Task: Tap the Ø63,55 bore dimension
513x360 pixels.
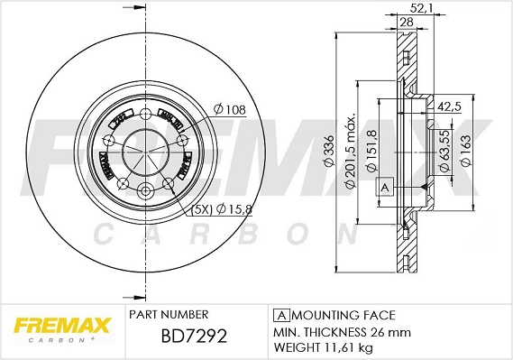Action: pos(444,150)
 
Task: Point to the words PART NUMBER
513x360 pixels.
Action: pos(169,315)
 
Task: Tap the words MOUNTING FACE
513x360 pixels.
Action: pos(344,315)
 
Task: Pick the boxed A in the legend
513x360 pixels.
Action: pos(281,315)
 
